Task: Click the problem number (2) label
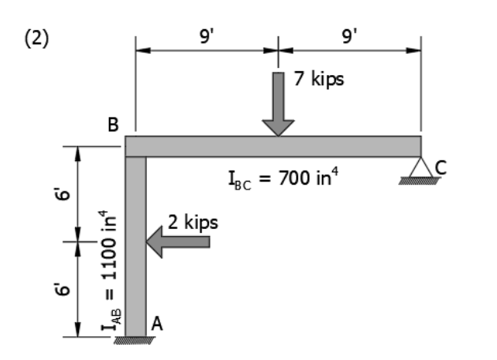(35, 40)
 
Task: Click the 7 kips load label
(319, 80)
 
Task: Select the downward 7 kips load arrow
(278, 103)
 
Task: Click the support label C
(440, 167)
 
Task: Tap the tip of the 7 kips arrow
(278, 135)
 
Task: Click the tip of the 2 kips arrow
(148, 242)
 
